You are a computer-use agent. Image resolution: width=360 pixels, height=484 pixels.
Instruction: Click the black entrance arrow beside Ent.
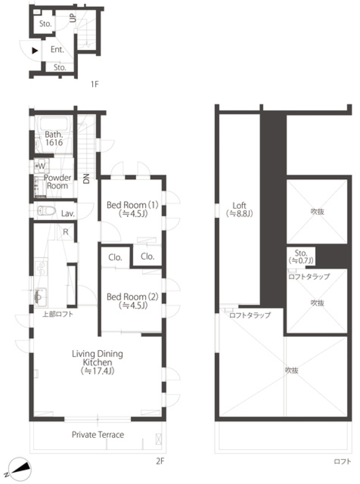[x=35, y=50]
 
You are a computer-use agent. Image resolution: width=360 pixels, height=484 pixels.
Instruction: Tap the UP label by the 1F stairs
[x=72, y=17]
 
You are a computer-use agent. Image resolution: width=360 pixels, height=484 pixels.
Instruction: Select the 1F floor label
[x=94, y=84]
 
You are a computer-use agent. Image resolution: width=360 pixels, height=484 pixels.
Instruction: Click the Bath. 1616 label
[x=54, y=138]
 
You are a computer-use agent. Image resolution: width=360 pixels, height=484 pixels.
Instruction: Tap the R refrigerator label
[x=66, y=232]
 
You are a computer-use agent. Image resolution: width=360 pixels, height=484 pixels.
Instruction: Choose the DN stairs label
[x=86, y=178]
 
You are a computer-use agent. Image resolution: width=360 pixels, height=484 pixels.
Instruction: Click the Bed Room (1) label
[x=132, y=209]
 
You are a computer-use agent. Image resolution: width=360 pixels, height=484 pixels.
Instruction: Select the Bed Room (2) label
[x=132, y=301]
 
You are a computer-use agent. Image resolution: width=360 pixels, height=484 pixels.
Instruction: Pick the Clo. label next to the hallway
[x=115, y=257]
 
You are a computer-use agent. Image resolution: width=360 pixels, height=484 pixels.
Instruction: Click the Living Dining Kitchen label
[x=97, y=362]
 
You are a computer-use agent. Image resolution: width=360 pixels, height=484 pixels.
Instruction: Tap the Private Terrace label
[x=97, y=435]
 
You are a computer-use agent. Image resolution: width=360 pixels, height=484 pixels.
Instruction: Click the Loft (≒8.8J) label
[x=239, y=209]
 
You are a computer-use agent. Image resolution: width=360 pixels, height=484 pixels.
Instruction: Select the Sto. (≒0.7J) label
[x=301, y=256]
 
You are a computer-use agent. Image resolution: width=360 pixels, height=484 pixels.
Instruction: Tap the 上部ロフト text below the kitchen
[x=57, y=314]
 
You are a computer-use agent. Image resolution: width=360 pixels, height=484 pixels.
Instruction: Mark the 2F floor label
[x=160, y=461]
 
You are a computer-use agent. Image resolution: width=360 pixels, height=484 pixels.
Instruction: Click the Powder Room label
[x=57, y=181]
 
